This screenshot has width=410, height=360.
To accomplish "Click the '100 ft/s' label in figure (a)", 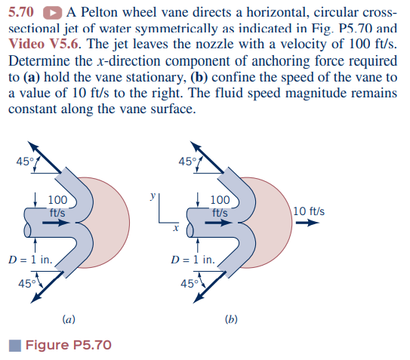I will pyautogui.click(x=57, y=205).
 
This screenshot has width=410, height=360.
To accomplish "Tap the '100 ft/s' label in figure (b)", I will pyautogui.click(x=220, y=205).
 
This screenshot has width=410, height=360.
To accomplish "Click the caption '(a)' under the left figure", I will pyautogui.click(x=67, y=320).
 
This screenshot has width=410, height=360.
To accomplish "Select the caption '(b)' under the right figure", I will pyautogui.click(x=232, y=320).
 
